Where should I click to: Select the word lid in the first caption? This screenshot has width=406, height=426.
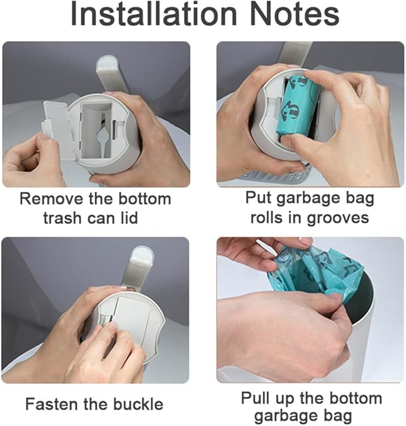click(128, 217)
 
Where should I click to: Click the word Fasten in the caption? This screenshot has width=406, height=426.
click(53, 404)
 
